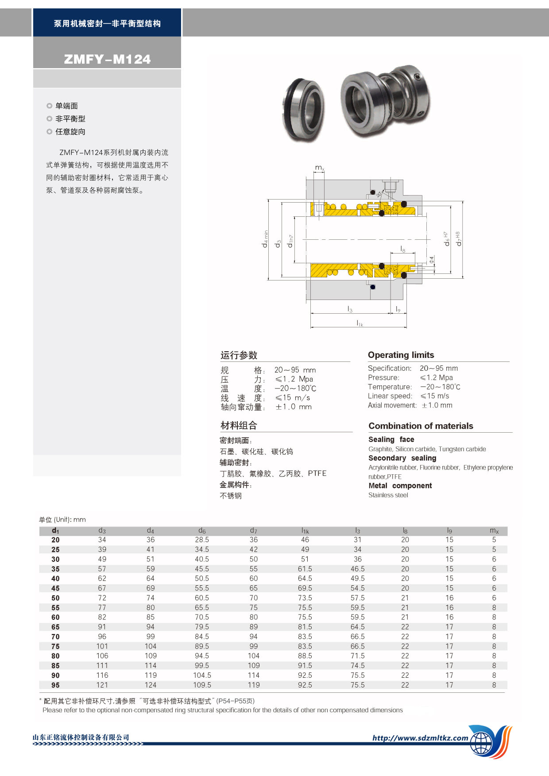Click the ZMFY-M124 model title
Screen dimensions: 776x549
coord(107,59)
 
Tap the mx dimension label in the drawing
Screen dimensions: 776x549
coord(319,168)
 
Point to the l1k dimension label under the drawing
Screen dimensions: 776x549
coord(360,323)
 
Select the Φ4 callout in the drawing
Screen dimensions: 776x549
coord(432,259)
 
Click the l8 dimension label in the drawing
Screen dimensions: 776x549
coord(402,250)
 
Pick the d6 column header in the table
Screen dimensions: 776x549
coord(202,530)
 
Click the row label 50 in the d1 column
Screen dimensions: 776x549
coord(55,598)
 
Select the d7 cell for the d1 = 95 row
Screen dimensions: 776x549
coord(254,685)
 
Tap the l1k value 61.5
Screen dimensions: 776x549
coord(305,569)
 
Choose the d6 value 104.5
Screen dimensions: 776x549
coord(202,675)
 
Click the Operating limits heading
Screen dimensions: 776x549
coord(401,355)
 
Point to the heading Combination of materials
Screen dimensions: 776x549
coord(421,426)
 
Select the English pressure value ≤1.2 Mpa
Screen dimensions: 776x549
coord(437,377)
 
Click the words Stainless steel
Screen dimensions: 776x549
coord(388,495)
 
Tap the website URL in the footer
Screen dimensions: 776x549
coord(420,738)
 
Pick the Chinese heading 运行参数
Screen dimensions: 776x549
coord(239,355)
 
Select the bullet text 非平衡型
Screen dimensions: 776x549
coord(70,119)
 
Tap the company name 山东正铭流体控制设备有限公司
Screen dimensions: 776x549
coord(81,737)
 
